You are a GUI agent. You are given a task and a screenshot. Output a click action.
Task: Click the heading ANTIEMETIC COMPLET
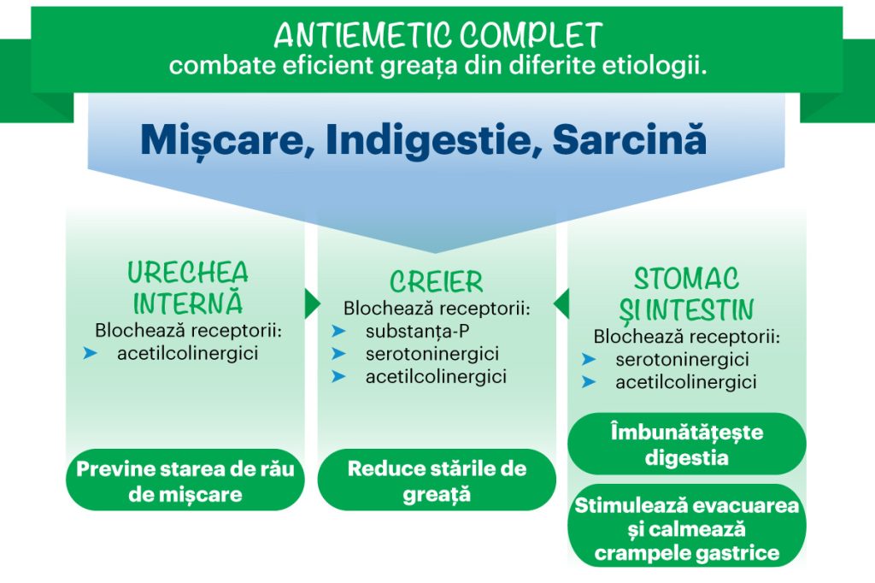pyautogui.click(x=438, y=36)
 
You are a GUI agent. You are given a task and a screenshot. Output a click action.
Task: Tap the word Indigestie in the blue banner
pyautogui.click(x=428, y=139)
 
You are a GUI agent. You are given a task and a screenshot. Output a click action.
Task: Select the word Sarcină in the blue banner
pyautogui.click(x=630, y=138)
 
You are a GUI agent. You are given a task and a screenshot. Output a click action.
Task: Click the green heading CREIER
pyautogui.click(x=437, y=281)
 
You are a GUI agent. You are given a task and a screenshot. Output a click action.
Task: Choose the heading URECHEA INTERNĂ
pyautogui.click(x=187, y=288)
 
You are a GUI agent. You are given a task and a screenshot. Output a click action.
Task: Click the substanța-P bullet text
pyautogui.click(x=417, y=331)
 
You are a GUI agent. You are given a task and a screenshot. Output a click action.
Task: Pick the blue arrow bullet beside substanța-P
pyautogui.click(x=338, y=331)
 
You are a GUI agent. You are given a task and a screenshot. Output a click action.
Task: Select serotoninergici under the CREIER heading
pyautogui.click(x=432, y=354)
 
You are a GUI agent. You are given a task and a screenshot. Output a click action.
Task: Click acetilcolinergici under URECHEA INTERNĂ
pyautogui.click(x=187, y=353)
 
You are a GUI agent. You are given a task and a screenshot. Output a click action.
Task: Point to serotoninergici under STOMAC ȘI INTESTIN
pyautogui.click(x=683, y=359)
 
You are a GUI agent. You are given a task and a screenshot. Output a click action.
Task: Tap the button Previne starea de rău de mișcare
pyautogui.click(x=185, y=480)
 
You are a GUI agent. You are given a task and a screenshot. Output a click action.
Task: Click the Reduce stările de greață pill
pyautogui.click(x=437, y=480)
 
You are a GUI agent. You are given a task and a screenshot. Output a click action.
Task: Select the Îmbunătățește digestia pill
pyautogui.click(x=687, y=444)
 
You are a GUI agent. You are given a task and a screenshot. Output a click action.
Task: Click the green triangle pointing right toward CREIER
pyautogui.click(x=313, y=303)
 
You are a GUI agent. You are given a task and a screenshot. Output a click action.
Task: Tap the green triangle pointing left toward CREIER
pyautogui.click(x=561, y=303)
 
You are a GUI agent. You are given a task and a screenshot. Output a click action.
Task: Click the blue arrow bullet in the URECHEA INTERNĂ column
pyautogui.click(x=91, y=353)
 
